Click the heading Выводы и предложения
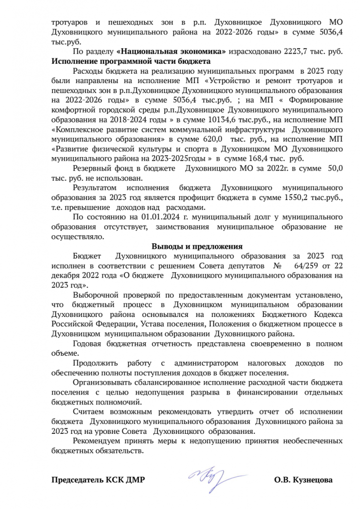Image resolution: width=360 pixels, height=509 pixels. (197, 246)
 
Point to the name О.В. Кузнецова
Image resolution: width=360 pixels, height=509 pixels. (303, 480)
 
